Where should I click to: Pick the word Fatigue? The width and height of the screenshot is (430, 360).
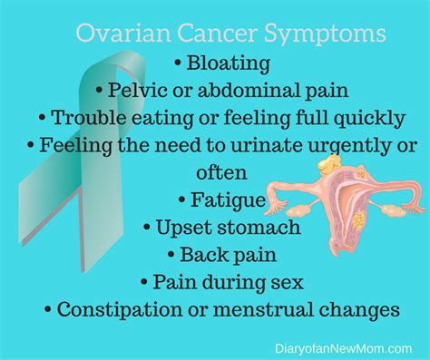[x=228, y=199]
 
